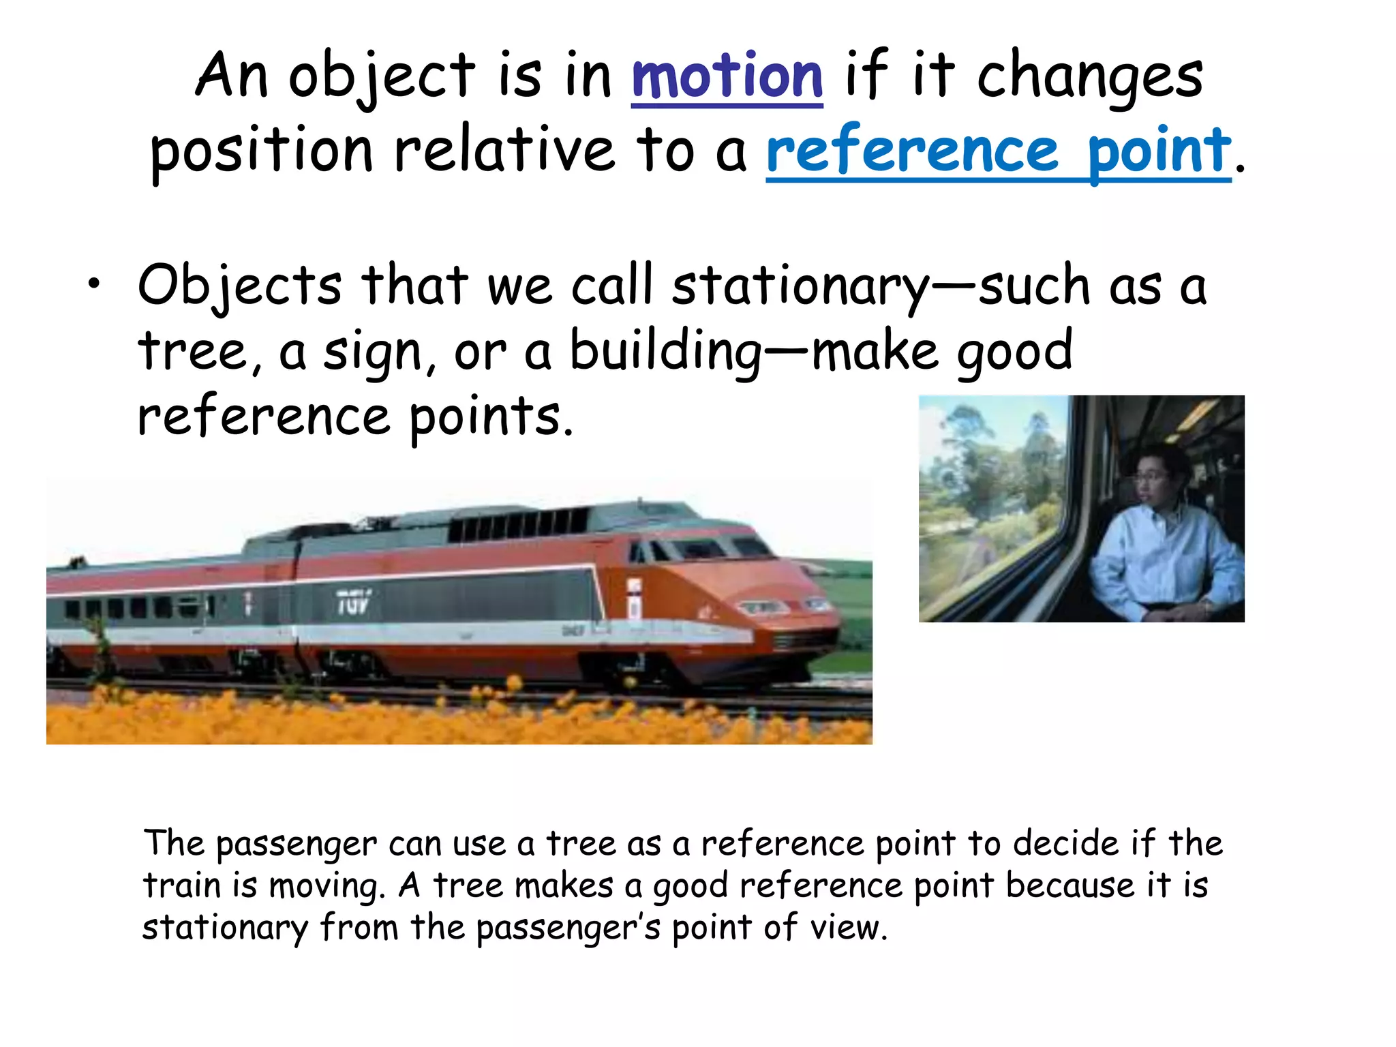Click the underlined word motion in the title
coord(727,76)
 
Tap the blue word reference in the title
coord(912,151)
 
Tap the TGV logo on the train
coord(353,603)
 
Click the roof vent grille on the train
coord(518,525)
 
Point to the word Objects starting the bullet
coord(239,286)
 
